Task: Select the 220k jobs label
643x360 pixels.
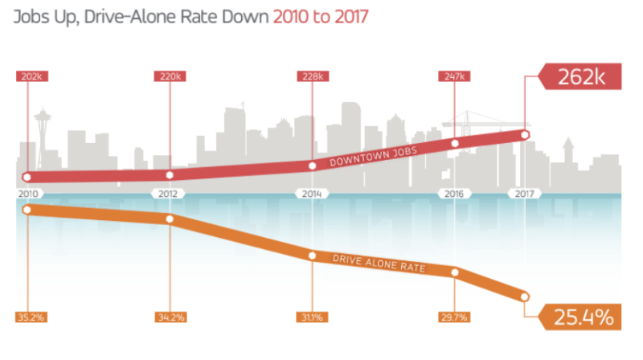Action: click(x=170, y=76)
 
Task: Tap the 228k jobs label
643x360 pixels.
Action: click(x=312, y=76)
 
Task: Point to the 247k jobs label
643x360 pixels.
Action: click(x=454, y=76)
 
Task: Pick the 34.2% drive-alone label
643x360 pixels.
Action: click(x=170, y=317)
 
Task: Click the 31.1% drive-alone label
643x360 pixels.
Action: click(x=312, y=317)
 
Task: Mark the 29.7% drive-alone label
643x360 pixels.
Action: click(x=454, y=317)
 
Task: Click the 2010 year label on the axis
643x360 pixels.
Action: click(x=27, y=194)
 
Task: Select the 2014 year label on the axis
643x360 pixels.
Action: click(x=312, y=194)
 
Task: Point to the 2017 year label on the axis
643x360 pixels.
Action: click(x=526, y=194)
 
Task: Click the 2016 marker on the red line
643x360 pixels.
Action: click(x=455, y=144)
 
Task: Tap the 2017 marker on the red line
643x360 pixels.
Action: click(x=526, y=134)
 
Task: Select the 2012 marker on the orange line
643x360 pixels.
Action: click(x=170, y=219)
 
